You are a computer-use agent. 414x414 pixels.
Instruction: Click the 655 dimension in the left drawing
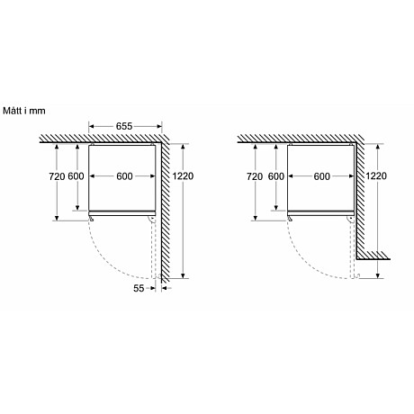point(128,126)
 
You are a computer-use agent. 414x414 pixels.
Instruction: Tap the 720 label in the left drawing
point(59,176)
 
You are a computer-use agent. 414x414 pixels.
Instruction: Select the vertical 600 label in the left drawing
point(77,176)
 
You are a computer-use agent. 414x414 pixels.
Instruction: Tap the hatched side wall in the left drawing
point(166,207)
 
